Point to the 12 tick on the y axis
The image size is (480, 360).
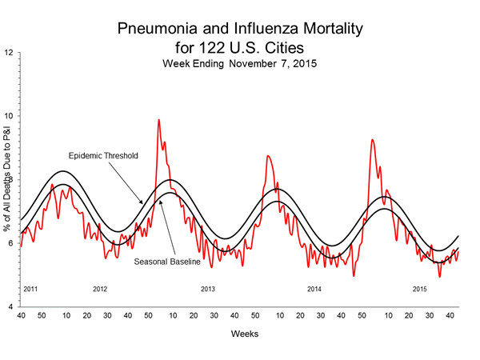[8, 54]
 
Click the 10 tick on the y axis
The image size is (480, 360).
[8, 117]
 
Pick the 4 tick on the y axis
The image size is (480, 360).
[10, 307]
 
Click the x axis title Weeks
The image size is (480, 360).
[245, 333]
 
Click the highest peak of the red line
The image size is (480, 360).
[158, 120]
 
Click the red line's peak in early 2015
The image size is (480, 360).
[372, 140]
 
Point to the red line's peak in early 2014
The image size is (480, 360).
[268, 155]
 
